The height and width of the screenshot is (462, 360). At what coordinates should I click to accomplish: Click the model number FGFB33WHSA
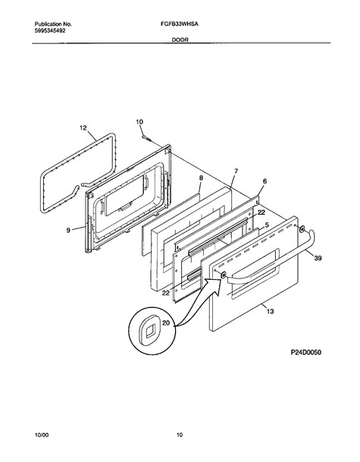pyautogui.click(x=180, y=24)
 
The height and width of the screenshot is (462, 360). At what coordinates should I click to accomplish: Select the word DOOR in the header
pyautogui.click(x=180, y=39)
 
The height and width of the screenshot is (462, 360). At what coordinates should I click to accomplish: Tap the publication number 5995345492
pyautogui.click(x=50, y=30)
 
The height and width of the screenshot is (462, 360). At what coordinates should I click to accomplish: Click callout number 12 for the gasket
pyautogui.click(x=83, y=127)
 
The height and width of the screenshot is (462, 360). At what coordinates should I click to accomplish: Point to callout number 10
pyautogui.click(x=139, y=121)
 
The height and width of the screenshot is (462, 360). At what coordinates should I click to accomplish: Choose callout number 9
pyautogui.click(x=68, y=231)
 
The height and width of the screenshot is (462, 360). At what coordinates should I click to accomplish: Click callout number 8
pyautogui.click(x=201, y=178)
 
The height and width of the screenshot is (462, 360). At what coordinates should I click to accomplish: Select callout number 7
pyautogui.click(x=236, y=171)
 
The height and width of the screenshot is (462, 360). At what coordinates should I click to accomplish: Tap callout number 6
pyautogui.click(x=265, y=181)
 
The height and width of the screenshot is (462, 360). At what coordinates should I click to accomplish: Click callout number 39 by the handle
pyautogui.click(x=318, y=258)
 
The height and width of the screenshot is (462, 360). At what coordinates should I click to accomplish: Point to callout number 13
pyautogui.click(x=271, y=311)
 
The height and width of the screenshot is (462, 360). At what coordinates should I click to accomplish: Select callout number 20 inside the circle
pyautogui.click(x=166, y=323)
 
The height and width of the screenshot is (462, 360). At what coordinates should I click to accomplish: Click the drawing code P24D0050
pyautogui.click(x=306, y=352)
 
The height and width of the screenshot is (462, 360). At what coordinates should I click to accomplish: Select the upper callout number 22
pyautogui.click(x=261, y=212)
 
